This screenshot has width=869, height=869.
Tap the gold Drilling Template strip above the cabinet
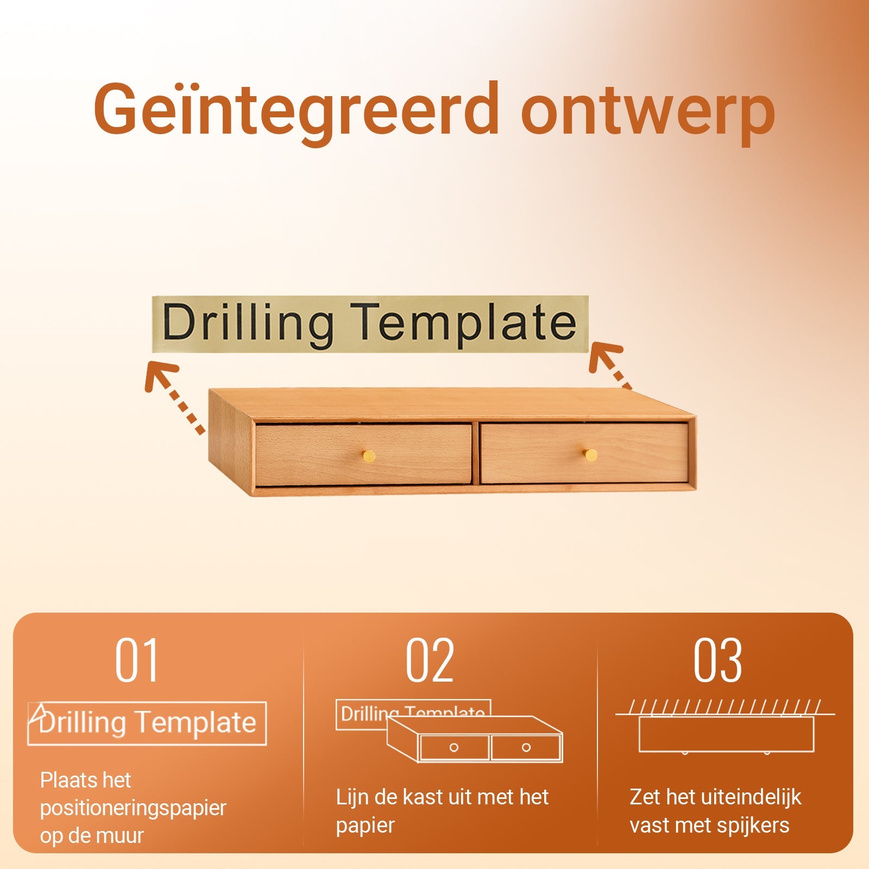(370, 324)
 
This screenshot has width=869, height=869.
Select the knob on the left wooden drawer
(369, 455)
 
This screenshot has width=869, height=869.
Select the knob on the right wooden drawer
(590, 455)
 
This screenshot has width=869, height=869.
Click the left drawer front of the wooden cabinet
(363, 455)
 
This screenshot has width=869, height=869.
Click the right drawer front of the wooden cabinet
(584, 453)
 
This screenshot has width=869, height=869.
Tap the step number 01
(136, 660)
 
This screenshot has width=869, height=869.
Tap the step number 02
(430, 660)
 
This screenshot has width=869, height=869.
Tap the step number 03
(717, 660)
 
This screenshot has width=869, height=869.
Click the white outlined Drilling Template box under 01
(147, 703)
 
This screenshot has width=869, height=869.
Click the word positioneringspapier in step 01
(133, 808)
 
